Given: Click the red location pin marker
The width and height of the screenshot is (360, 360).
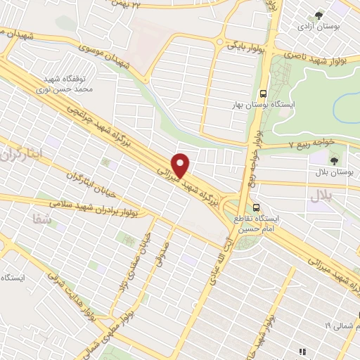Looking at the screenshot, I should [181, 165].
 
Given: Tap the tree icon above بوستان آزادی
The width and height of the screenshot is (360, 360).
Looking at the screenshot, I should [320, 14].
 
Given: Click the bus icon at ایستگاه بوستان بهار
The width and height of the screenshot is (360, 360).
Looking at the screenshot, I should [263, 94].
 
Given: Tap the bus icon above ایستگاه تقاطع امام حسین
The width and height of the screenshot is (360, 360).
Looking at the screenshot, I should [257, 207].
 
